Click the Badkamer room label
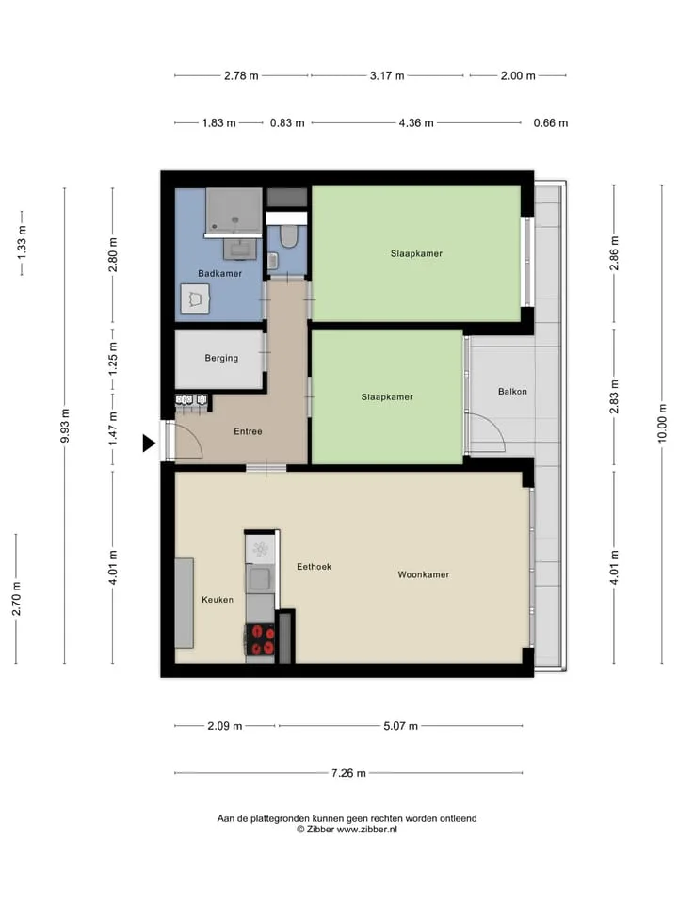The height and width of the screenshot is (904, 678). (x=219, y=273)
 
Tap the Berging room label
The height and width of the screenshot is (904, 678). (x=221, y=358)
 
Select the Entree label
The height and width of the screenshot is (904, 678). (x=248, y=431)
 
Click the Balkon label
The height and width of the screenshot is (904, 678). (x=512, y=392)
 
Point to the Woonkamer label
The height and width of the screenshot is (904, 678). (x=423, y=574)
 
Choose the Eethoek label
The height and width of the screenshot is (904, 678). (x=315, y=567)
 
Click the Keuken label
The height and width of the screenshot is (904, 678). (x=218, y=600)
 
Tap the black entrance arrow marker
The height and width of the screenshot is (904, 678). (x=149, y=444)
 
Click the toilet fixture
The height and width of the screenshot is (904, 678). (x=288, y=235)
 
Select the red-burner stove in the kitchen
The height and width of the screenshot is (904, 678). (x=261, y=639)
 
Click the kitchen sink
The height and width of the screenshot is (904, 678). (x=261, y=579)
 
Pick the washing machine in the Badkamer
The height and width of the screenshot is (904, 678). (x=195, y=299)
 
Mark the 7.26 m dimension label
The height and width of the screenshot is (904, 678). (x=348, y=773)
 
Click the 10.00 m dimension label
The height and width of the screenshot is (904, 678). (x=662, y=423)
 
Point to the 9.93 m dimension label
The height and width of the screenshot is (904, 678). (x=65, y=426)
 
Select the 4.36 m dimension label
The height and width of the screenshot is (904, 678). (x=416, y=122)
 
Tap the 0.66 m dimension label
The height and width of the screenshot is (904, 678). (x=551, y=122)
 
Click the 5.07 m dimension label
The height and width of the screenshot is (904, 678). (x=401, y=726)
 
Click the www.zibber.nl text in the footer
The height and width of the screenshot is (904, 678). (x=366, y=830)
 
